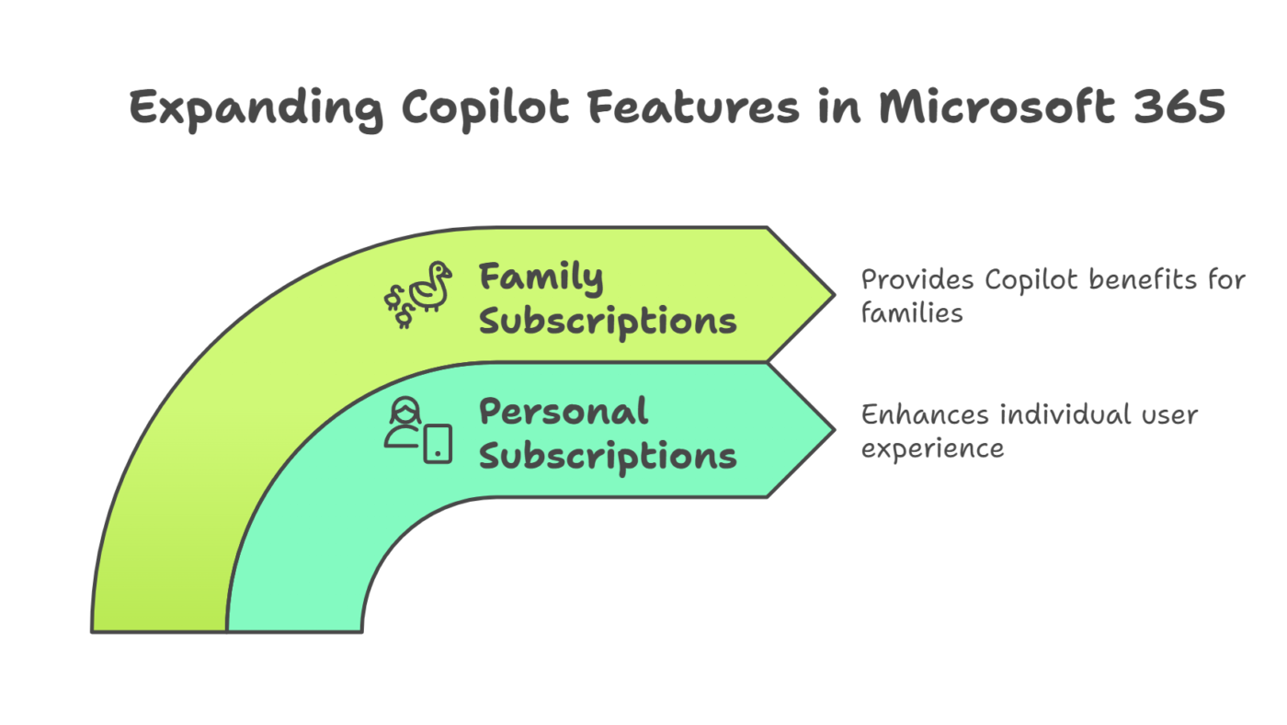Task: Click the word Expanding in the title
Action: pyautogui.click(x=256, y=109)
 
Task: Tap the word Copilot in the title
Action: pyautogui.click(x=485, y=109)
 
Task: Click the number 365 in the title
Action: pyautogui.click(x=1179, y=107)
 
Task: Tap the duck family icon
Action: pyautogui.click(x=418, y=294)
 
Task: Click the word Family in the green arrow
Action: pyautogui.click(x=541, y=278)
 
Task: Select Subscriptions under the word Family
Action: pyautogui.click(x=608, y=323)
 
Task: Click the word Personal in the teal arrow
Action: pyautogui.click(x=564, y=412)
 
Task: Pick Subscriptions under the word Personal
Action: pyautogui.click(x=608, y=458)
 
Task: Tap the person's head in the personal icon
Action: pyautogui.click(x=405, y=410)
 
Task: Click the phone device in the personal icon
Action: pyautogui.click(x=438, y=444)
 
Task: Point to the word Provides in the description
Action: pyautogui.click(x=917, y=280)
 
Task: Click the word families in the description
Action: pyautogui.click(x=912, y=313)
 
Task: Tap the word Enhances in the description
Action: pyautogui.click(x=925, y=414)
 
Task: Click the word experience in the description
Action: pyautogui.click(x=932, y=449)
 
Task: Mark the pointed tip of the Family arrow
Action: pyautogui.click(x=835, y=295)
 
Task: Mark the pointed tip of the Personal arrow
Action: pyautogui.click(x=835, y=429)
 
